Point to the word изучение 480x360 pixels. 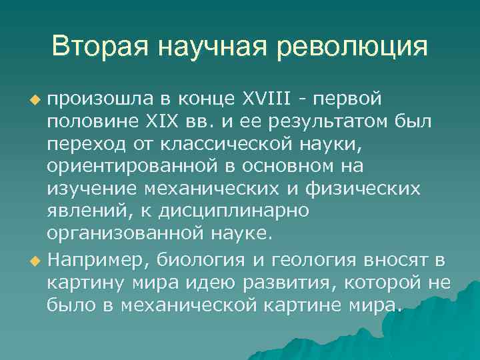point(85,189)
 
